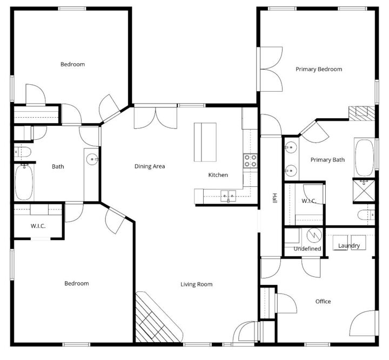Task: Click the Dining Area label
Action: pyautogui.click(x=150, y=166)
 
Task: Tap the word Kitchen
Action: pyautogui.click(x=218, y=175)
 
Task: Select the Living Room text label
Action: pyautogui.click(x=196, y=284)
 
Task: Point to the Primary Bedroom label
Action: pyautogui.click(x=319, y=69)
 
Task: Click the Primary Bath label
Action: pyautogui.click(x=327, y=160)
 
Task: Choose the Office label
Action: pyautogui.click(x=323, y=301)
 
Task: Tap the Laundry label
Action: pyautogui.click(x=349, y=246)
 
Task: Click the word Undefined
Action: pyautogui.click(x=307, y=249)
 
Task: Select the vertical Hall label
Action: pyautogui.click(x=274, y=199)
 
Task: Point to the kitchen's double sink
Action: pyautogui.click(x=228, y=195)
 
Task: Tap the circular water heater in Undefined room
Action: pyautogui.click(x=313, y=236)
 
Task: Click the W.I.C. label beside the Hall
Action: pyautogui.click(x=309, y=201)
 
